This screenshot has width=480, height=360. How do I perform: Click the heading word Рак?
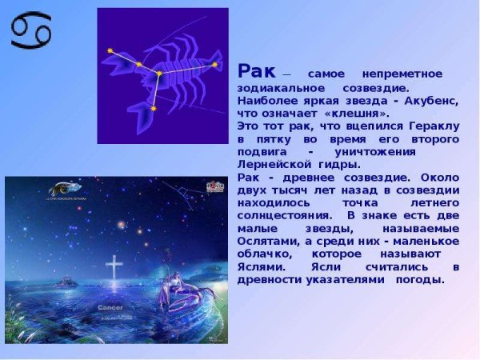[254, 71]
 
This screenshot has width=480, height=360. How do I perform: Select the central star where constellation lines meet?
[158, 74]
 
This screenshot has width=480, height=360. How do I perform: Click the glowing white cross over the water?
[114, 268]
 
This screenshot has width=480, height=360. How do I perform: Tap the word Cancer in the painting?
[110, 307]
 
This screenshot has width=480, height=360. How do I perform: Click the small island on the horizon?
[66, 282]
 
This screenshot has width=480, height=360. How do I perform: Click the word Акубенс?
[429, 101]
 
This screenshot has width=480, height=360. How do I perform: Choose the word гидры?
[338, 165]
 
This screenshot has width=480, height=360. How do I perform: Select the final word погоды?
[419, 279]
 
